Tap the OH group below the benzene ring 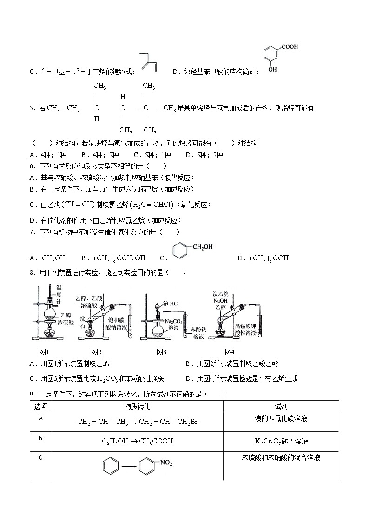coord(272,69)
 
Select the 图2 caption coord(96,352)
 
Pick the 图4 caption coord(230,352)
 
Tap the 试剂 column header coord(281,406)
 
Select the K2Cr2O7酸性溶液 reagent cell coord(281,441)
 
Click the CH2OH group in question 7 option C coord(201,247)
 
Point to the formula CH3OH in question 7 coord(53,258)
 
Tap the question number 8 coord(32,272)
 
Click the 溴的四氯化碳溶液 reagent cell coord(281,419)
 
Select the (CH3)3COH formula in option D coord(269,258)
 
